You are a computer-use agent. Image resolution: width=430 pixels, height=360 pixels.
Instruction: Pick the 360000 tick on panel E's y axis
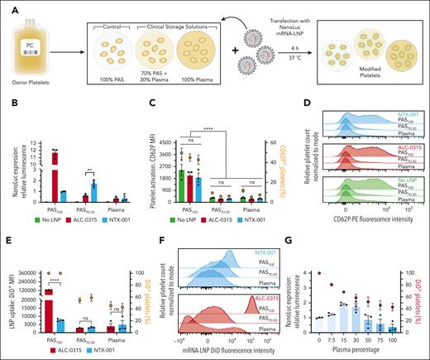[x=28, y=253]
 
